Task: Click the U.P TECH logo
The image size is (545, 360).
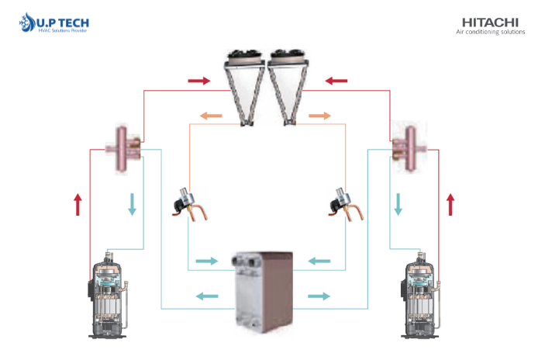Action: click(x=54, y=22)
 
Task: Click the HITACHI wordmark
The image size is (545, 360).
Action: click(x=490, y=22)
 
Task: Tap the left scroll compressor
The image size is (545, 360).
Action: click(x=108, y=295)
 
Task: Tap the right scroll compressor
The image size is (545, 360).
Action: click(x=421, y=295)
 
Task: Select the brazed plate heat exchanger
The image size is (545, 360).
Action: click(x=262, y=292)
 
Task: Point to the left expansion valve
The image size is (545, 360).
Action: click(x=189, y=205)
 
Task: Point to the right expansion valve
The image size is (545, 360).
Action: click(x=346, y=205)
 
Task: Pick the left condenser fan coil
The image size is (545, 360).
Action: click(x=245, y=88)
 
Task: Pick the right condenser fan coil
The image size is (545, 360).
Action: click(x=288, y=88)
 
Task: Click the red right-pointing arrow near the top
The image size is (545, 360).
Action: click(x=199, y=81)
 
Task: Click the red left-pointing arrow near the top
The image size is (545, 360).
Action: click(x=336, y=81)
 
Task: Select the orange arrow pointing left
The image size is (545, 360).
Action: click(x=211, y=116)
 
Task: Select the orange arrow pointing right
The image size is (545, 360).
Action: click(x=319, y=116)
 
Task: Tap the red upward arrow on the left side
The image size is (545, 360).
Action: click(x=78, y=205)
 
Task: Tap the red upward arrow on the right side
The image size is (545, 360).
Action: click(x=450, y=205)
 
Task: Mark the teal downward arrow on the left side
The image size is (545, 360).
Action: click(x=132, y=205)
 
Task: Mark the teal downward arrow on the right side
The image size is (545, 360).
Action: click(x=398, y=205)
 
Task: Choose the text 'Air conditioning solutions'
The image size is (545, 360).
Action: click(x=491, y=32)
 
